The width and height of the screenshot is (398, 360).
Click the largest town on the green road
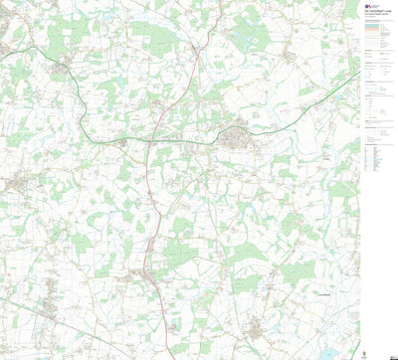237,136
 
